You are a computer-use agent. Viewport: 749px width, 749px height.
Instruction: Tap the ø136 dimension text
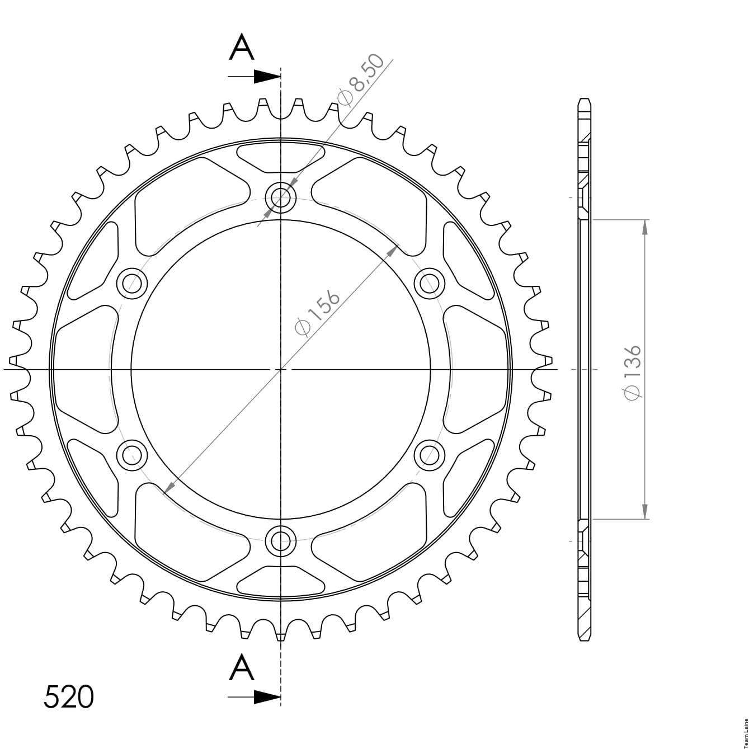[x=632, y=371]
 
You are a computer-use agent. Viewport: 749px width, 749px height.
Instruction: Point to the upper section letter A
[x=242, y=47]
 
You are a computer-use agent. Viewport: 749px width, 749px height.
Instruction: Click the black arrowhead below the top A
[x=267, y=77]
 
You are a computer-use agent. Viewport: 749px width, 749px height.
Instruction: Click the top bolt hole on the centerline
[x=281, y=197]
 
